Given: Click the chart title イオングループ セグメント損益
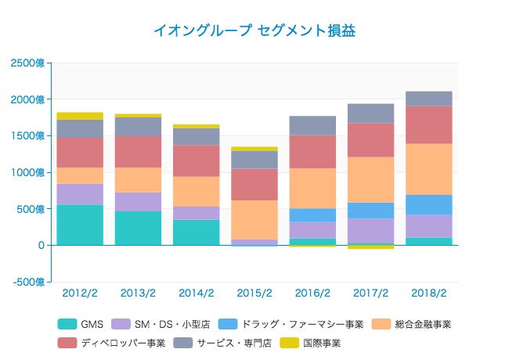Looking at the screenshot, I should [254, 31].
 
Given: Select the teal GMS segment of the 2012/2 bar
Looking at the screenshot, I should [80, 225].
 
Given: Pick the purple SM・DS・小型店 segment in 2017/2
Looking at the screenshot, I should [371, 231].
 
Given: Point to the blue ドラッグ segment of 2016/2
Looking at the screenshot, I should [312, 214].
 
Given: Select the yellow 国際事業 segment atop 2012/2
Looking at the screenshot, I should [80, 116].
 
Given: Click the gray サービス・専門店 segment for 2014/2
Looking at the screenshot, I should [197, 136].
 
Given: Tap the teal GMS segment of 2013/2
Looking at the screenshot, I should [138, 228].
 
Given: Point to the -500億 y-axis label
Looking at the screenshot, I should [27, 282].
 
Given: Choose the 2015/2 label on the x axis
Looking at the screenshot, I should [254, 293].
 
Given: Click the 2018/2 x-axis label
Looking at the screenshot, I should [429, 293].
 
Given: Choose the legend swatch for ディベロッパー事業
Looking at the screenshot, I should [67, 343].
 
